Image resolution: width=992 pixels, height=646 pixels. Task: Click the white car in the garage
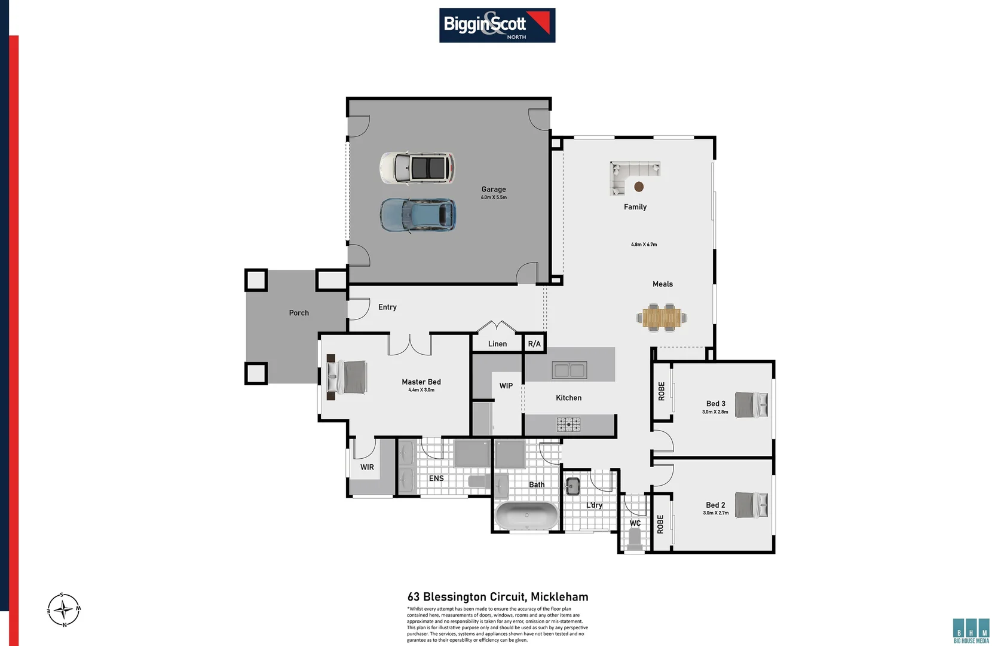417,168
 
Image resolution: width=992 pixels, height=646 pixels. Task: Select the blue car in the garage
418,215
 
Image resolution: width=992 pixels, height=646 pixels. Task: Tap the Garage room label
494,190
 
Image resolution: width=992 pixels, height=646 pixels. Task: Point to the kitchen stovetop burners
568,425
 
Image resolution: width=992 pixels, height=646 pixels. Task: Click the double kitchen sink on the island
569,370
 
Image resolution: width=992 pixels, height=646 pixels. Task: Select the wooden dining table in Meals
662,318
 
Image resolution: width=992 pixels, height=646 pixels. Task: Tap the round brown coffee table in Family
639,187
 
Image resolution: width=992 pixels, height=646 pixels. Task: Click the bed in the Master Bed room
349,377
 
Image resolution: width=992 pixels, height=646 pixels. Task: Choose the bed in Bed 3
751,404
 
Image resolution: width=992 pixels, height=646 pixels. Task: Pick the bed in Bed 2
751,505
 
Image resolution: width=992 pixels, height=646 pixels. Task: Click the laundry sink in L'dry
572,486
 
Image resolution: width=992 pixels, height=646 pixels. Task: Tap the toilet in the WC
635,540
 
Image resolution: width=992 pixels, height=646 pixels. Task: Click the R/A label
534,344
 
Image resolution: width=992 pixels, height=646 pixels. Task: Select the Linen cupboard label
497,344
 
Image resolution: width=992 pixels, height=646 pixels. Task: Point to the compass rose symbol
63,610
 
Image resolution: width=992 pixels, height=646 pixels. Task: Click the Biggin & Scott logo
497,25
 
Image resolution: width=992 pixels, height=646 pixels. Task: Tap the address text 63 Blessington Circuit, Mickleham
498,597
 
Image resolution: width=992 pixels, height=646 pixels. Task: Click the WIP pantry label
506,386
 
